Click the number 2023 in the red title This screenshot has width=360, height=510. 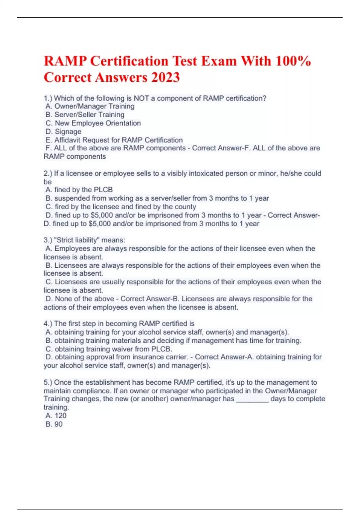(x=166, y=77)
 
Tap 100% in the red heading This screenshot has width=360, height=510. (x=293, y=61)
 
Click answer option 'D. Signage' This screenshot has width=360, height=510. (x=63, y=131)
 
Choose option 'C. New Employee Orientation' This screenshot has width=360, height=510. (x=93, y=123)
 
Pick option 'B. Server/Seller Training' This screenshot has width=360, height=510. (x=85, y=115)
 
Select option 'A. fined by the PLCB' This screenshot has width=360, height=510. (x=79, y=190)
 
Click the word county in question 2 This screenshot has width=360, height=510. (x=187, y=207)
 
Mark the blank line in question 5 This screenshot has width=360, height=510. (x=252, y=400)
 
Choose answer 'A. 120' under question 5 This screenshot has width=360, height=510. (x=56, y=416)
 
